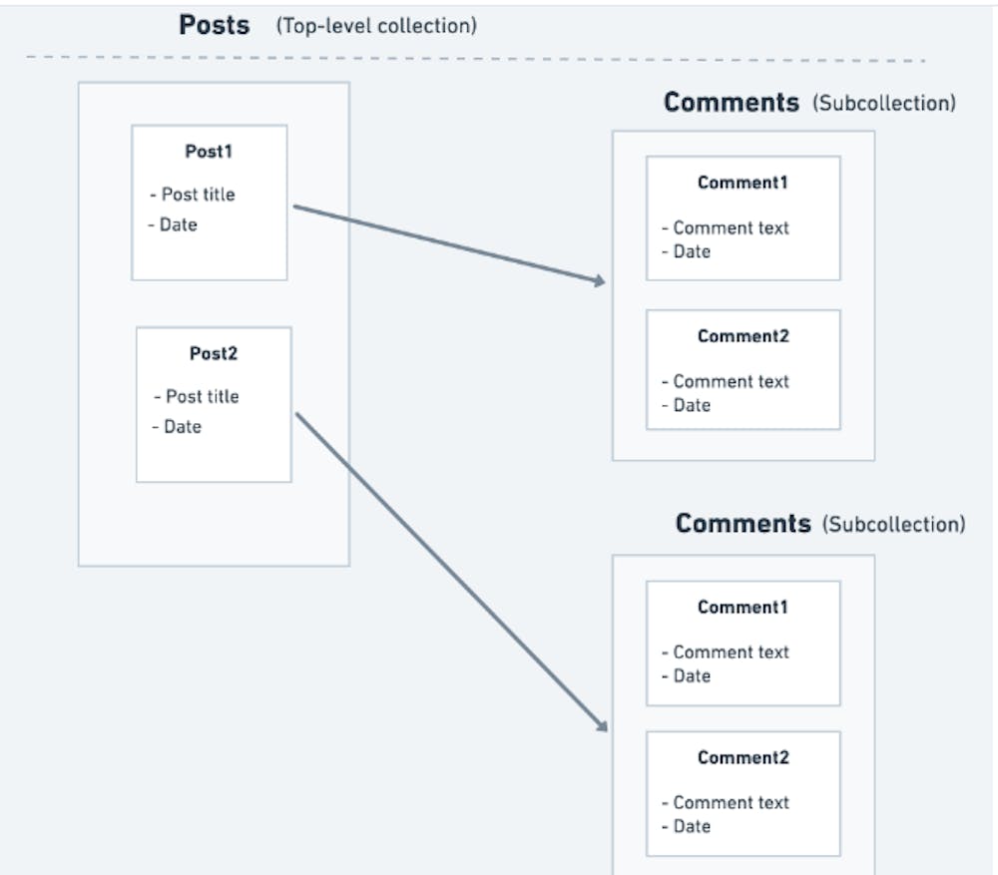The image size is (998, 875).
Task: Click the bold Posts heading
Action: click(x=214, y=25)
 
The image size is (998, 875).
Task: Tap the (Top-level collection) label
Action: click(x=376, y=26)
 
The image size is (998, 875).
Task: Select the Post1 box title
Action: click(x=209, y=152)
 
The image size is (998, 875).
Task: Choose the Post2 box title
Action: click(x=214, y=353)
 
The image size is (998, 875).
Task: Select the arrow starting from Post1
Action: click(x=449, y=245)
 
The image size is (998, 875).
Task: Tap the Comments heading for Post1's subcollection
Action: click(x=731, y=103)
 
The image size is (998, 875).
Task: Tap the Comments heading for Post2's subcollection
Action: click(x=743, y=524)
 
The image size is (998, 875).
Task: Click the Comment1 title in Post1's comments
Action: click(x=743, y=183)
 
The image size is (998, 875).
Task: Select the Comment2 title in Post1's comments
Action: click(x=743, y=336)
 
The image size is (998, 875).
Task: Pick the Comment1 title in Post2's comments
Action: click(x=743, y=607)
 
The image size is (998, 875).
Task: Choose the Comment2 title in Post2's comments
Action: click(x=743, y=757)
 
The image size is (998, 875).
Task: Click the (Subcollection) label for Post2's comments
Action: click(x=893, y=525)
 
